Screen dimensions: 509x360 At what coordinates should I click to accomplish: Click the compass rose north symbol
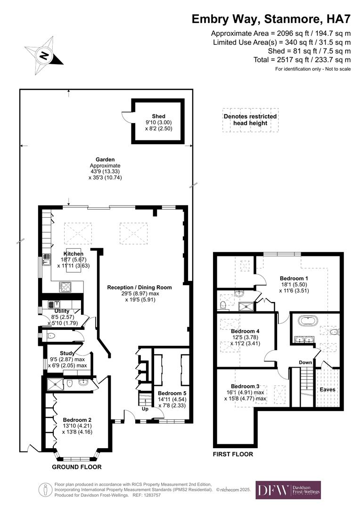44,56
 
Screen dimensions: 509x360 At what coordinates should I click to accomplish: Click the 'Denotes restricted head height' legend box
250,120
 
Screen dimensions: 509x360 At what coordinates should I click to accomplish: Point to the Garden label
105,160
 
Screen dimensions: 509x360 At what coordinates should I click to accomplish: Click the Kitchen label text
73,254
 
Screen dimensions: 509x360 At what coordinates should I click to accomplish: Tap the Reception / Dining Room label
139,287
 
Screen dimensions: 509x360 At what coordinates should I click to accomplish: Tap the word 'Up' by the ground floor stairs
146,409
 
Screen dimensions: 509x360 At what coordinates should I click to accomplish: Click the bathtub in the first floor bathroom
309,321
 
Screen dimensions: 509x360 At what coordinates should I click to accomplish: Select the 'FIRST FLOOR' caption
233,454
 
